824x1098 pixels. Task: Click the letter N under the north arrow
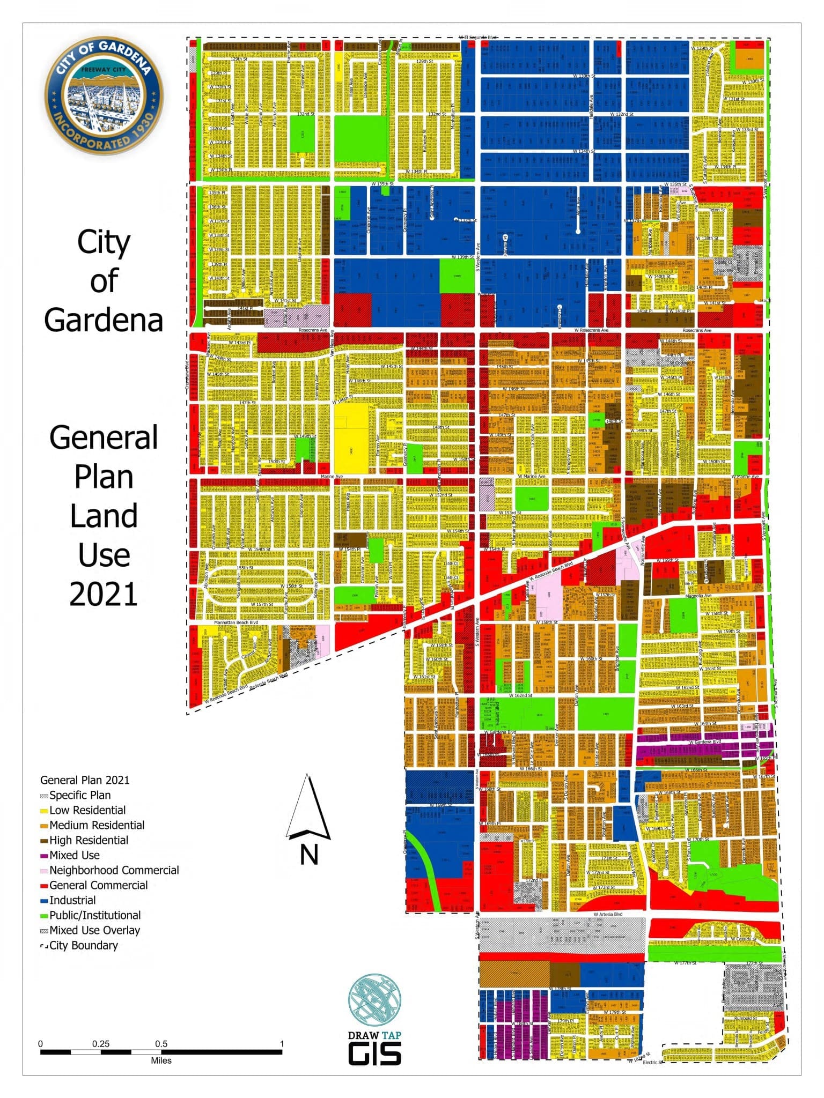(309, 854)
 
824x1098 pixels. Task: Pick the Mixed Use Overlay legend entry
(94, 930)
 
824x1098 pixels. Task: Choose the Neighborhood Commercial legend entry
(114, 870)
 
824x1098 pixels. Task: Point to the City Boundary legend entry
(83, 945)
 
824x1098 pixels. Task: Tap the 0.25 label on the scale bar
(101, 1043)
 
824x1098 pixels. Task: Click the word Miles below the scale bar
(161, 1060)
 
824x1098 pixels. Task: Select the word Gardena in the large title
(104, 320)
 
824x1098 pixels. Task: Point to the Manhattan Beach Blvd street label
(236, 622)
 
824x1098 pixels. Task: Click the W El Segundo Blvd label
(477, 38)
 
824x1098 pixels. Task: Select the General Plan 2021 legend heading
(85, 780)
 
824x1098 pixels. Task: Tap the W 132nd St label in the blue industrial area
(621, 114)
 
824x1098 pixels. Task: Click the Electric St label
(653, 1062)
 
